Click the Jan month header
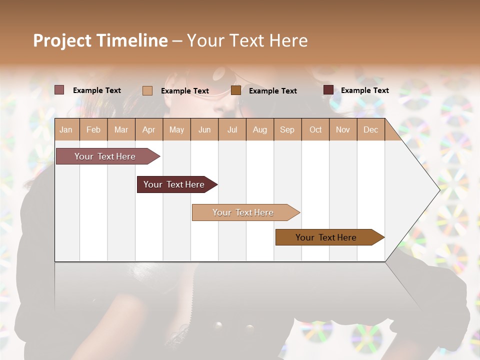66,129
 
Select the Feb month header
93,129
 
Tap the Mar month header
121,129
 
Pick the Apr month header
149,129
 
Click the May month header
176,129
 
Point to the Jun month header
204,129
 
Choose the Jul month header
232,129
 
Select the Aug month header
260,129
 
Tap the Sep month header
287,129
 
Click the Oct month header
315,129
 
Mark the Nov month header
343,129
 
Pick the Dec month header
371,129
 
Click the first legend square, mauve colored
59,90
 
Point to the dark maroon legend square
328,90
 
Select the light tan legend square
147,90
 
